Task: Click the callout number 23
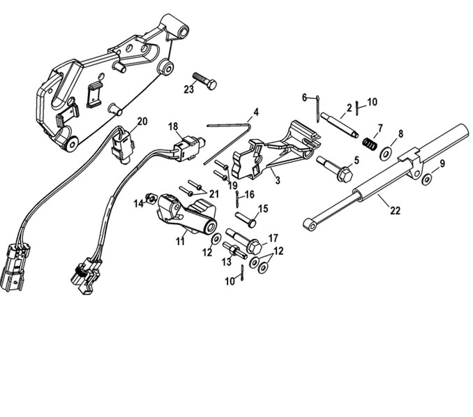(189, 89)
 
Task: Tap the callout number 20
(142, 121)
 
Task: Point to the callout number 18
(174, 126)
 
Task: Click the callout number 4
(256, 112)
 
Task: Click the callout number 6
(304, 97)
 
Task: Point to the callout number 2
(350, 108)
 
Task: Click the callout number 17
(273, 237)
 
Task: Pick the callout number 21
(214, 193)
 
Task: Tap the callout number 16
(250, 194)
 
